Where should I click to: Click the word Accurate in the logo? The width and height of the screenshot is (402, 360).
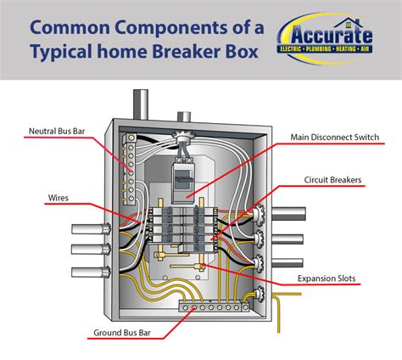pos(332,36)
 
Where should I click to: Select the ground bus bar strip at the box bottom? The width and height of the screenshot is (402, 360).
pos(203,310)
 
